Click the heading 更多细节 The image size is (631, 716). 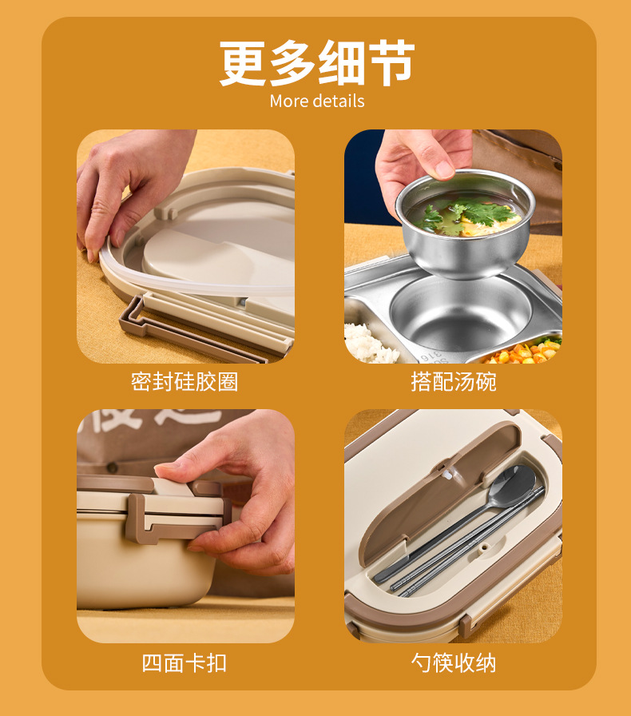[x=317, y=63]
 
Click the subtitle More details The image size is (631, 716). [x=317, y=101]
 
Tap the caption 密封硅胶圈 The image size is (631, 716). [x=185, y=382]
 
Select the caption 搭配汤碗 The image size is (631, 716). [x=454, y=382]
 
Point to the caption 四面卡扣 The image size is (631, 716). [x=185, y=663]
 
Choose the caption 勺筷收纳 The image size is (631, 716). [x=454, y=663]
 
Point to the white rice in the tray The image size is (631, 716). [x=366, y=343]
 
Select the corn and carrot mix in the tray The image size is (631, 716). [x=525, y=352]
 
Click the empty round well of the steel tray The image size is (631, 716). [x=461, y=311]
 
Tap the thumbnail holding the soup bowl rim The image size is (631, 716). [x=444, y=170]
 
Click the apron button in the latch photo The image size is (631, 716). [x=111, y=467]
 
